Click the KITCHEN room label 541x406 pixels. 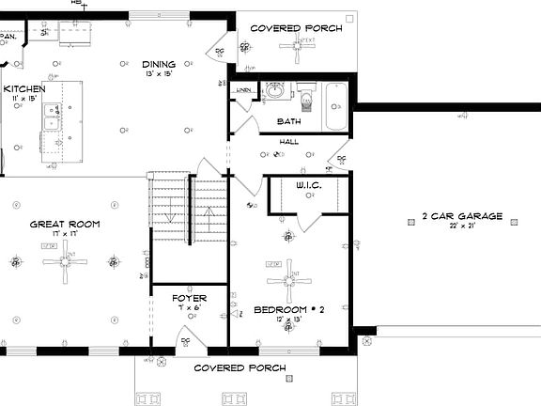tap(23, 88)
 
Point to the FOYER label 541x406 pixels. tap(188, 298)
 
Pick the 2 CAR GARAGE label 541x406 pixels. tap(461, 216)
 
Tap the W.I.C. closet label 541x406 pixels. tap(308, 186)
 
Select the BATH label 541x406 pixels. tap(288, 121)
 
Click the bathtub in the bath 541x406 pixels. tap(336, 105)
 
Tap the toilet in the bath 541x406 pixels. tap(305, 95)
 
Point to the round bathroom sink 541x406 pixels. tap(275, 93)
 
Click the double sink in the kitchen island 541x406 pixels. tap(53, 118)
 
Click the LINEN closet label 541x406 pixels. tap(243, 90)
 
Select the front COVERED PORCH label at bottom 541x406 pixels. tap(239, 367)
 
